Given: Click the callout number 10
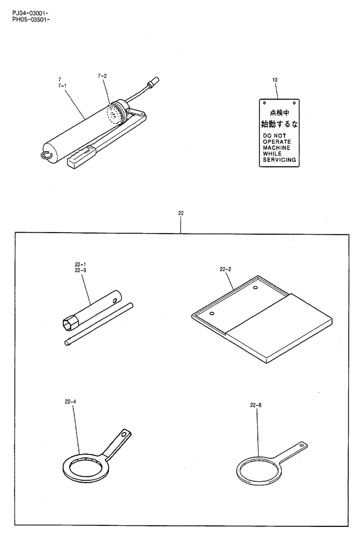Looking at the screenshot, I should point(275,80).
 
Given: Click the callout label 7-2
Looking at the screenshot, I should point(102,77).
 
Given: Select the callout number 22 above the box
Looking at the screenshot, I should point(181,213).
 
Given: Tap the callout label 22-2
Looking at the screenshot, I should point(225,270).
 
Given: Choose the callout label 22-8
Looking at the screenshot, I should point(256,406).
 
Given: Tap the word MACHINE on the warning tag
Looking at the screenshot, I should point(276,147).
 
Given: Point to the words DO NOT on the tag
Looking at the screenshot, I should point(274,136).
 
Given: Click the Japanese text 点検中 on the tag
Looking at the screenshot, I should point(279,113).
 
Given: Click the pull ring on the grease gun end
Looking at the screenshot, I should point(46,155).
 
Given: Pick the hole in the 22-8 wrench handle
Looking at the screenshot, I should point(301,444).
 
